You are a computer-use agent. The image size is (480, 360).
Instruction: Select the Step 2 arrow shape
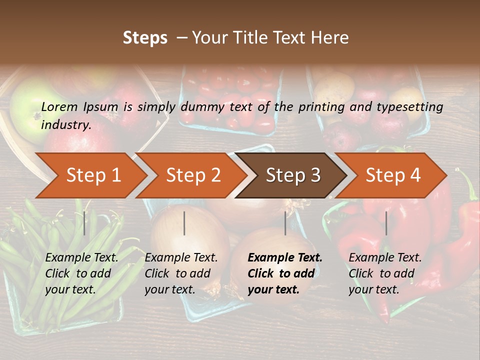[x=193, y=175]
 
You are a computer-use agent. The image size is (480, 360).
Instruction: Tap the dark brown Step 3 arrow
[x=292, y=175]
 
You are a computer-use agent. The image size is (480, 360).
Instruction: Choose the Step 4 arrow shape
[x=392, y=175]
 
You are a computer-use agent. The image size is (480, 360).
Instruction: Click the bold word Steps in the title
[x=145, y=38]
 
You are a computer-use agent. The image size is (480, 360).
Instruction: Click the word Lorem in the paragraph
[x=59, y=106]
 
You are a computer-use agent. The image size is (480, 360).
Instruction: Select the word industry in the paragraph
[x=65, y=125]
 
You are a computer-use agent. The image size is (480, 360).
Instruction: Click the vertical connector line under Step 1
[x=84, y=223]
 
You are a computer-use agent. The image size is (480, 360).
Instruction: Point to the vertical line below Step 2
[x=184, y=223]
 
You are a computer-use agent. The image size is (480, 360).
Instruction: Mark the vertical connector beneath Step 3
[x=285, y=223]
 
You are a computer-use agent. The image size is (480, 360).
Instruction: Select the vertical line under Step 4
[x=386, y=223]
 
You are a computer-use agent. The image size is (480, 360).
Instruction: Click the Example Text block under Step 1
[x=81, y=273]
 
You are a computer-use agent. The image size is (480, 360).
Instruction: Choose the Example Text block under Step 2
[x=181, y=273]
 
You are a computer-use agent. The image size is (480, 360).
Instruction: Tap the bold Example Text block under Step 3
[x=285, y=273]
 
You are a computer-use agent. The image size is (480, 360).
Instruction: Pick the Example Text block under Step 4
[x=385, y=273]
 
